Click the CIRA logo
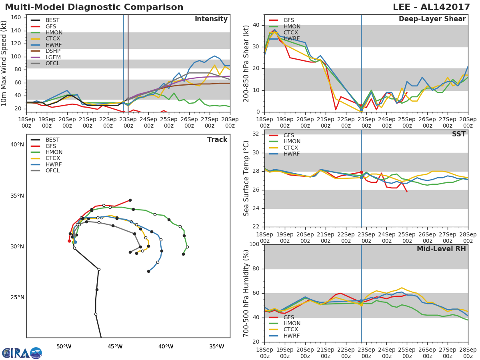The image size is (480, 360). coord(22,353)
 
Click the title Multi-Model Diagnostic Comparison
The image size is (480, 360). coord(94,7)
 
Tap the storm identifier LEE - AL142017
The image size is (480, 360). coord(431,7)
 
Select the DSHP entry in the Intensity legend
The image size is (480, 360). coord(46,51)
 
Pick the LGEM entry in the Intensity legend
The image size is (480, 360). coord(46,57)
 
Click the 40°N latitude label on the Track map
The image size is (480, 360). coord(17,144)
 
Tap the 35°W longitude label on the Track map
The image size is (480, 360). coord(217,347)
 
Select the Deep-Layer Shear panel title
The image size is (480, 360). coord(432,19)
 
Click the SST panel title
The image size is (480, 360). coord(459,134)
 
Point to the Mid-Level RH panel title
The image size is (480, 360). coord(441,249)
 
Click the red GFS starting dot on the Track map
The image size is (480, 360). coord(69,241)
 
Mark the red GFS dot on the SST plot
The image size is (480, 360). coord(361,172)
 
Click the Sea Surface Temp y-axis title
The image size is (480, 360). coord(246,178)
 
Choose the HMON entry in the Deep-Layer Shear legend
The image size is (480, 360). coord(284,27)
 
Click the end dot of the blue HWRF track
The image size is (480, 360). coord(148,272)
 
